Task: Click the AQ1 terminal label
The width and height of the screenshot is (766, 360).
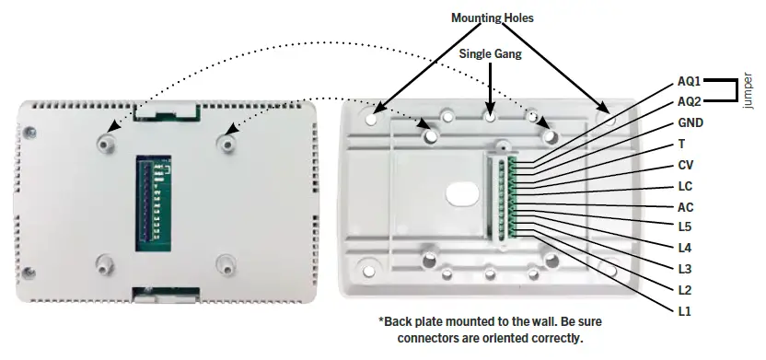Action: click(688, 82)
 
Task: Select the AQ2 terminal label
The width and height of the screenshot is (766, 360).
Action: click(688, 101)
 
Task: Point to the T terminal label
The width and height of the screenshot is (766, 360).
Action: click(681, 144)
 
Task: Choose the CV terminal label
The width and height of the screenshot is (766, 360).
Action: click(685, 165)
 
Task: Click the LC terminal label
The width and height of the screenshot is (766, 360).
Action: click(684, 186)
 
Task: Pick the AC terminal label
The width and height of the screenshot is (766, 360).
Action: click(685, 206)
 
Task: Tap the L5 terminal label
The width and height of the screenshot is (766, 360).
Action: click(683, 226)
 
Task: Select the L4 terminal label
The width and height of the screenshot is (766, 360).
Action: click(683, 248)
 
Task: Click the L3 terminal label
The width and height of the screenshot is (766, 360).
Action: click(683, 269)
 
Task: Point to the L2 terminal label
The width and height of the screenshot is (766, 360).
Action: click(683, 290)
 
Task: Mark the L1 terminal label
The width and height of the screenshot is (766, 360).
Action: click(683, 311)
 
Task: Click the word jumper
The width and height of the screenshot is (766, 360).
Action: click(749, 92)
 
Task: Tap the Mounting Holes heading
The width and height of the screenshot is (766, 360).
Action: click(492, 17)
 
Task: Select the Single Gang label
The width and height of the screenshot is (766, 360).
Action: click(491, 53)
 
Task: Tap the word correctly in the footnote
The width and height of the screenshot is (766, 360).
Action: click(555, 338)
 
